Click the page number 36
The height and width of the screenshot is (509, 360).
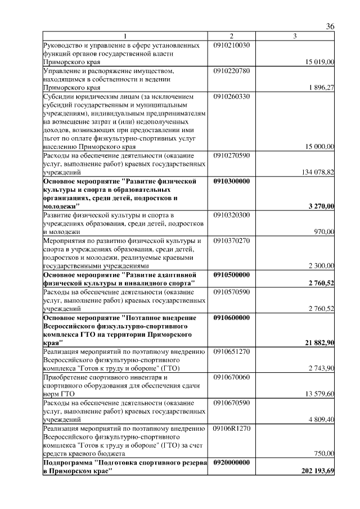(330, 26)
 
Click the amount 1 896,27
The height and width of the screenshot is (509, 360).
(322, 88)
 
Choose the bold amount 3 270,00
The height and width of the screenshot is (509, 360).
(322, 206)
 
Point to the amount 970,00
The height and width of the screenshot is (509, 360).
(325, 232)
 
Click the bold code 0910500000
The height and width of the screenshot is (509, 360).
(232, 274)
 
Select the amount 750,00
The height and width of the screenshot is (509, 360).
(325, 453)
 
